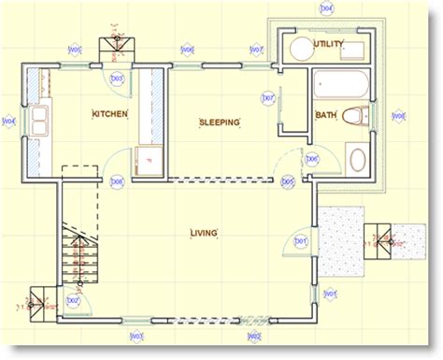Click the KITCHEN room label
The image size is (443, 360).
tap(109, 114)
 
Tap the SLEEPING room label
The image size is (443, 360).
tap(220, 122)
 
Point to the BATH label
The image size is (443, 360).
tap(325, 115)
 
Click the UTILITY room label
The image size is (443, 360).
tap(329, 44)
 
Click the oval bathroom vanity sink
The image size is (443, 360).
tap(357, 157)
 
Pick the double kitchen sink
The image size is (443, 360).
tap(39, 120)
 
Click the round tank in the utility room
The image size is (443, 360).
tap(301, 50)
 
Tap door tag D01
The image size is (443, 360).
tap(301, 241)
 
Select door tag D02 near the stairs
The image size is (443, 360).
tap(73, 301)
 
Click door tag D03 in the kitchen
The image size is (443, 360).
tap(118, 79)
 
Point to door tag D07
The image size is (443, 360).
tap(267, 97)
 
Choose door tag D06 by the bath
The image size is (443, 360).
tap(312, 159)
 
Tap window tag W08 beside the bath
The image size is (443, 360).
tap(399, 116)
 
